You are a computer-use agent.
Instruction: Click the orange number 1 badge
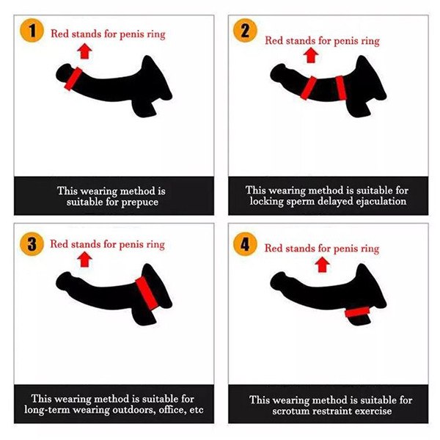pos(32,30)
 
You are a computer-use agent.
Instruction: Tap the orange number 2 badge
pos(245,30)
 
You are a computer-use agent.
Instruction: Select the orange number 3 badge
pos(32,244)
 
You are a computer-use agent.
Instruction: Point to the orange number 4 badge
pos(245,244)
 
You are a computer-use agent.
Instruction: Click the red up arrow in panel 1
pos(85,51)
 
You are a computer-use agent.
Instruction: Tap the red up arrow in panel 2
pos(311,55)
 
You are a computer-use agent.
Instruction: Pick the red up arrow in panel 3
pos(85,260)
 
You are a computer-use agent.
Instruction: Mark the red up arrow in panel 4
pos(323,265)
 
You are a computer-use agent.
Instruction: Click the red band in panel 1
pos(73,79)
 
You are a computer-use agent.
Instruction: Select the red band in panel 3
pos(146,293)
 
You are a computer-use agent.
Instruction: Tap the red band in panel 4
pos(357,312)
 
